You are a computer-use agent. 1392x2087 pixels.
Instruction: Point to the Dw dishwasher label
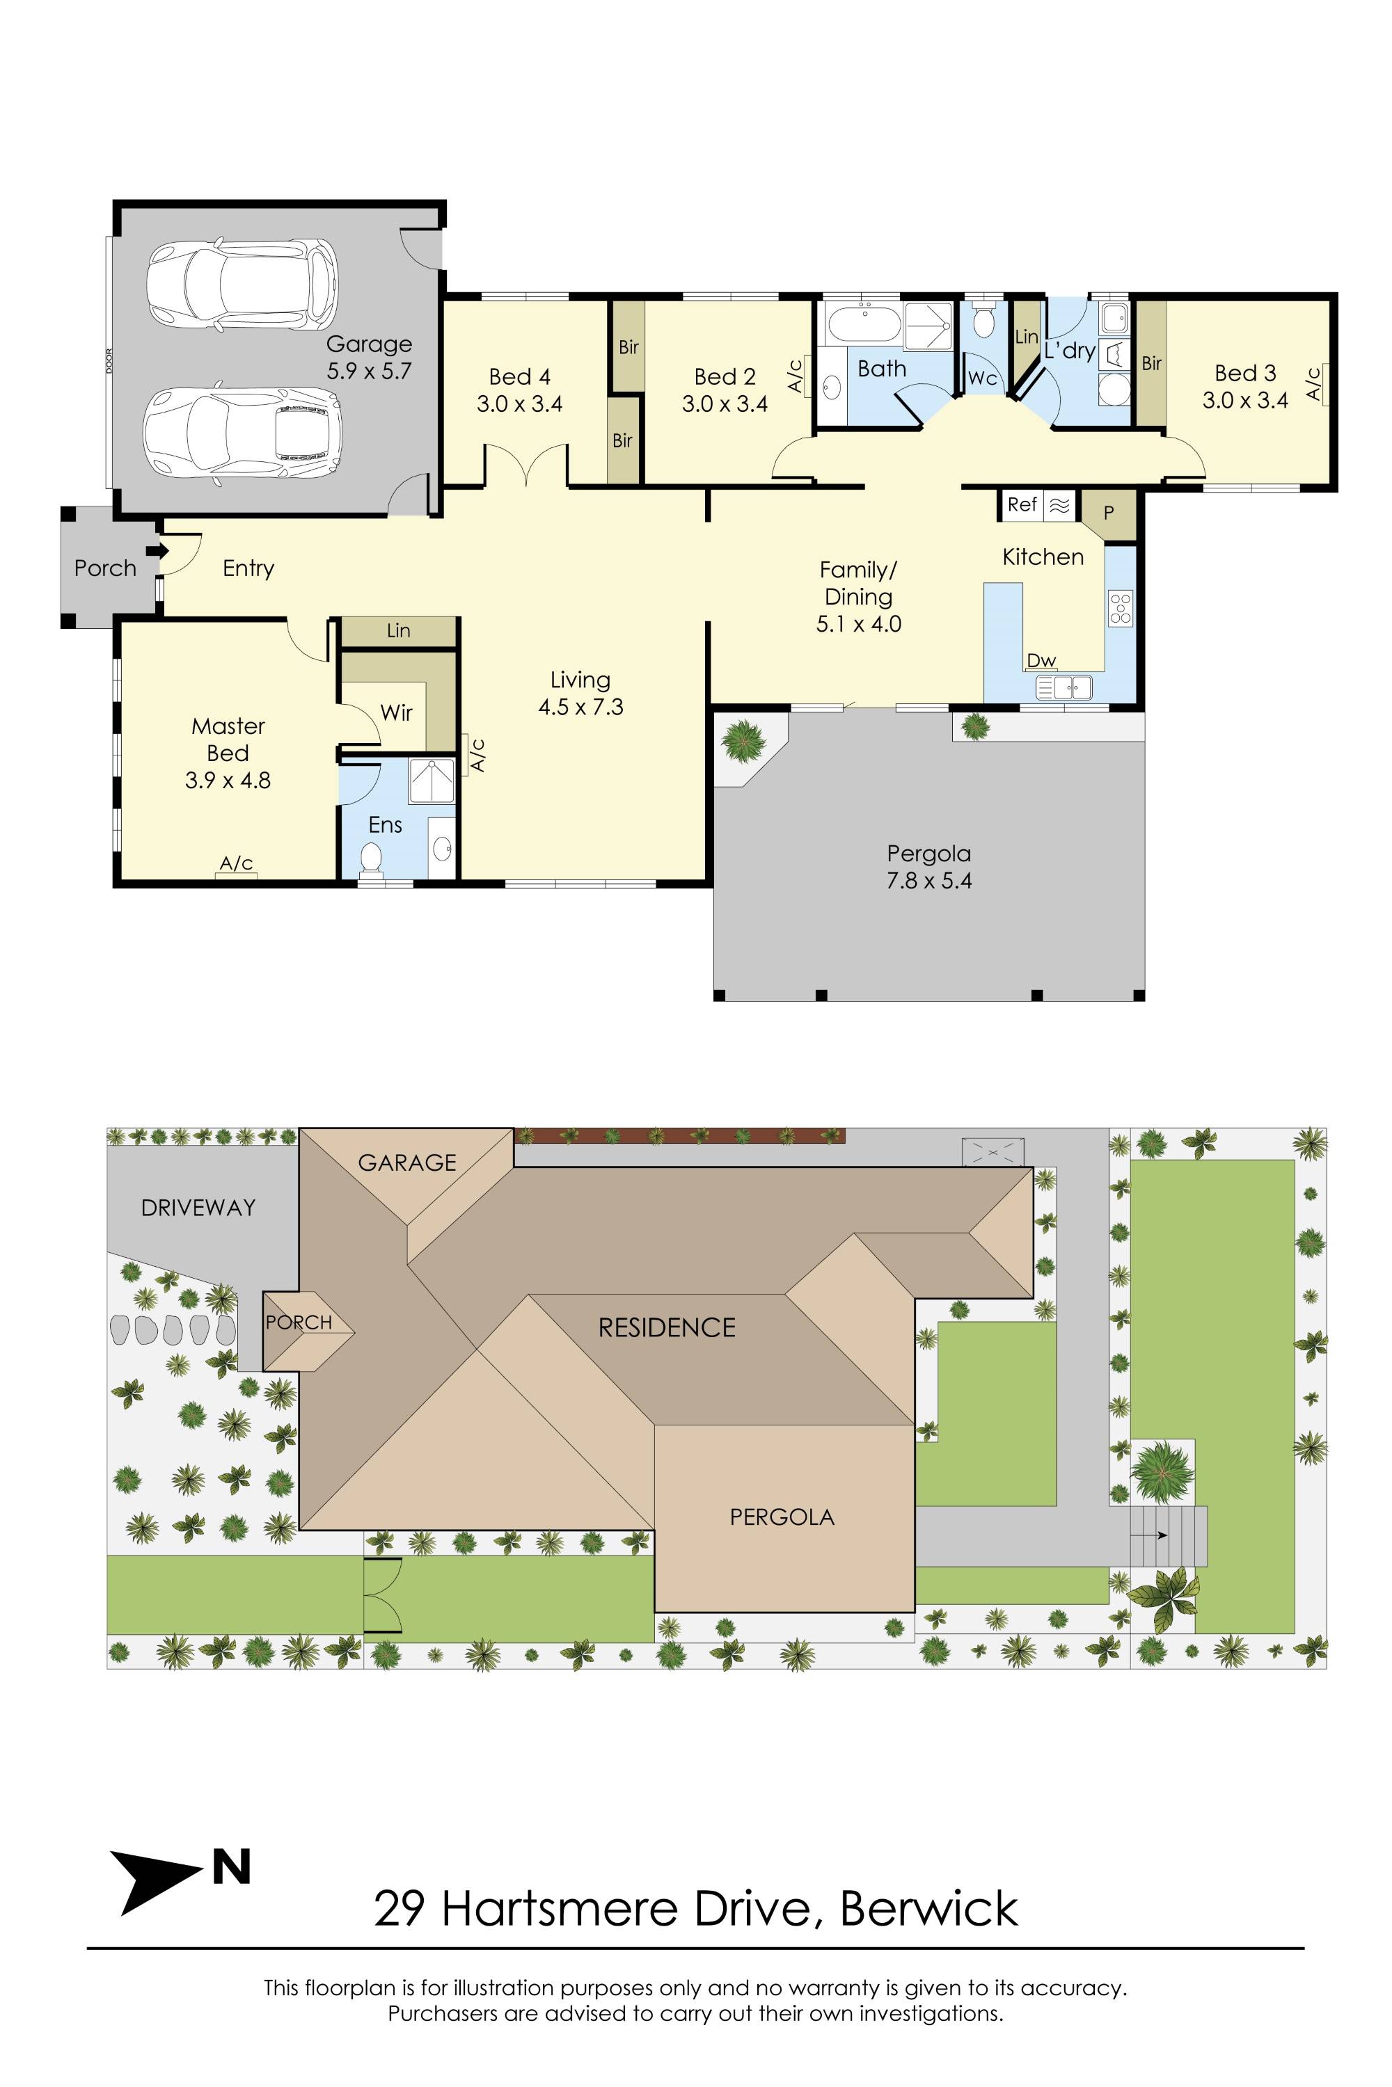(x=1041, y=660)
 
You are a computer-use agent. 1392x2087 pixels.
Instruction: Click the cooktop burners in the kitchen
(x=1121, y=608)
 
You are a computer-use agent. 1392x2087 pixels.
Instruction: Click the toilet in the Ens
(x=370, y=857)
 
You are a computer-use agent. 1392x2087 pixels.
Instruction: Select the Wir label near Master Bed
(x=396, y=712)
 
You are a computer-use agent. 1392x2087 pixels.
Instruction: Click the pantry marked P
(x=1109, y=513)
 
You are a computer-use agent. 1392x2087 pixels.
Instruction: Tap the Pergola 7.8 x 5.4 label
(x=928, y=867)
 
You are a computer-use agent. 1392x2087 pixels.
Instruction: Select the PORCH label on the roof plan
(x=299, y=1322)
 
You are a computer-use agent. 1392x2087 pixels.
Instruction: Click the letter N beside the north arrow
(x=232, y=1868)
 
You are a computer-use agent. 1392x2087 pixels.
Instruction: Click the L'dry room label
(x=1069, y=351)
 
